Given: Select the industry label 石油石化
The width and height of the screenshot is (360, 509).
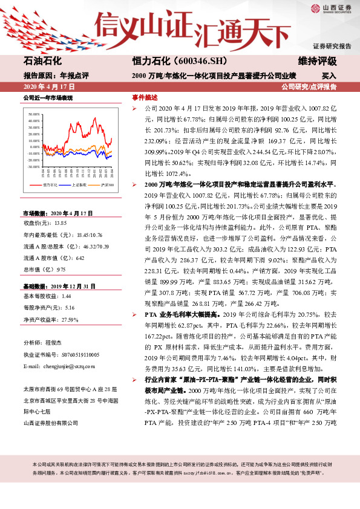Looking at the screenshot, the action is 42,62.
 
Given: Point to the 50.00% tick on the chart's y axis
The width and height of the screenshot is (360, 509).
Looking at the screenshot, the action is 34,114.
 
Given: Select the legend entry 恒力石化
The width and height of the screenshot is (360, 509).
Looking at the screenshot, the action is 51,184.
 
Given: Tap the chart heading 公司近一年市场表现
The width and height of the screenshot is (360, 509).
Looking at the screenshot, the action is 48,97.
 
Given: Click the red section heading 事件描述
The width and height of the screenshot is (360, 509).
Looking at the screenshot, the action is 145,97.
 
